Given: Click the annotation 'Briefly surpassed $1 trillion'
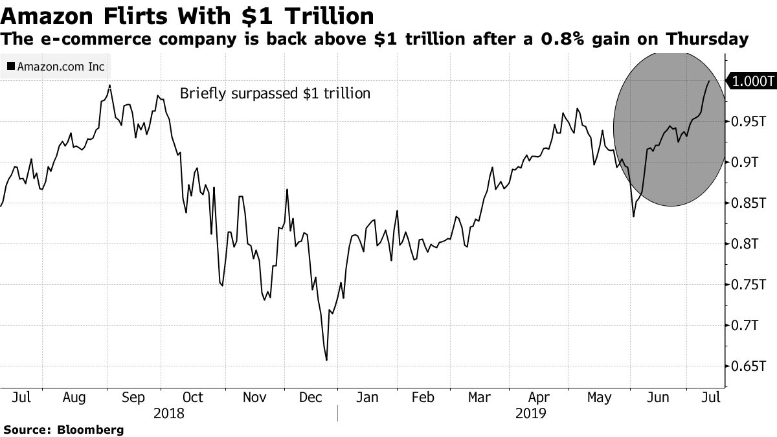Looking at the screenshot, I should [275, 93].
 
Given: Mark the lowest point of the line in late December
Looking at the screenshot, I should [326, 360].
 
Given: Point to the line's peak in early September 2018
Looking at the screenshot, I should [109, 85].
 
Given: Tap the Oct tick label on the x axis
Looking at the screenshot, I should [192, 397].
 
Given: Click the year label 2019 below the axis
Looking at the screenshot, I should [531, 413].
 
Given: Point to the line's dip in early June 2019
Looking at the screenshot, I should [633, 215].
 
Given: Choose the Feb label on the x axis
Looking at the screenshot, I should [423, 397].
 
